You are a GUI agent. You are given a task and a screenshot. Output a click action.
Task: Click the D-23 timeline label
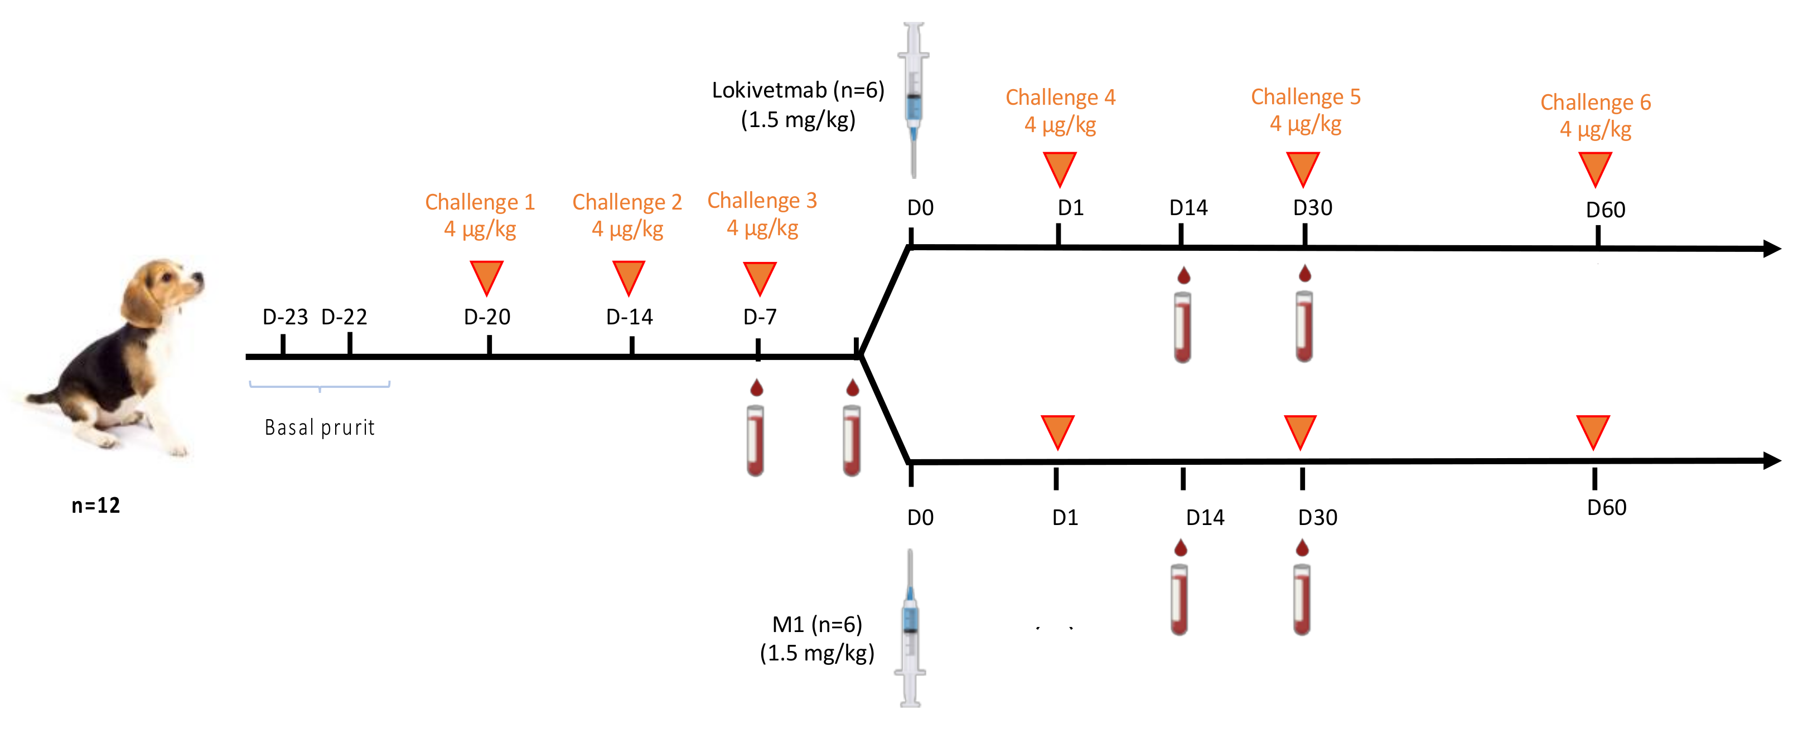[x=285, y=317]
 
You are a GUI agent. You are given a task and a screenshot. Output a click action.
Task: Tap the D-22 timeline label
[x=344, y=317]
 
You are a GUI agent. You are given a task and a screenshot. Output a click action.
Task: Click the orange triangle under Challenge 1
[x=486, y=276]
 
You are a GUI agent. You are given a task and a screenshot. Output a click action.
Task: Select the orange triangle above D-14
[x=629, y=276]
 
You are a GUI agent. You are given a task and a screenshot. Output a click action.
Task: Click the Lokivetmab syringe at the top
[x=913, y=98]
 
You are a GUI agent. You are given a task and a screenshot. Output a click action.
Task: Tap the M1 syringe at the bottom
[x=910, y=630]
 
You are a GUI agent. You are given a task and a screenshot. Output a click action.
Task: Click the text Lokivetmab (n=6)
[x=798, y=90]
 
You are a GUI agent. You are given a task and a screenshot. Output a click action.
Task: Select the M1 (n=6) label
[x=817, y=624]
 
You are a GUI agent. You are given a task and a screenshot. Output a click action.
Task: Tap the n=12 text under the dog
[x=96, y=505]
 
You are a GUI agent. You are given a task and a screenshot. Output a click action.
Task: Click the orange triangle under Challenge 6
[x=1595, y=168]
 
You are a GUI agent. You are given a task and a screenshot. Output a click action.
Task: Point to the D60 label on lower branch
[x=1606, y=508]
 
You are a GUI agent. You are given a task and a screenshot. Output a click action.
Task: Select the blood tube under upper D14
[x=1182, y=327]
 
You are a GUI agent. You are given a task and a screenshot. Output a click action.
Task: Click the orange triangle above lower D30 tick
[x=1300, y=430]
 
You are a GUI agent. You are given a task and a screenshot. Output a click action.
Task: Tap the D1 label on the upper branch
[x=1070, y=208]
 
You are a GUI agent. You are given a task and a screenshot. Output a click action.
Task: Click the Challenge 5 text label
[x=1306, y=96]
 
